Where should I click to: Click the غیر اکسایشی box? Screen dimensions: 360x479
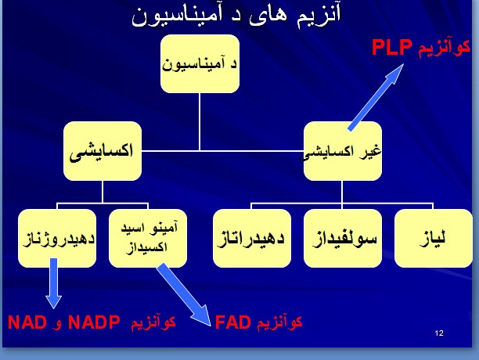(x=343, y=151)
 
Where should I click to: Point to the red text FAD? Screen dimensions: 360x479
(x=232, y=322)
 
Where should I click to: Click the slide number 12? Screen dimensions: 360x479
(x=438, y=334)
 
